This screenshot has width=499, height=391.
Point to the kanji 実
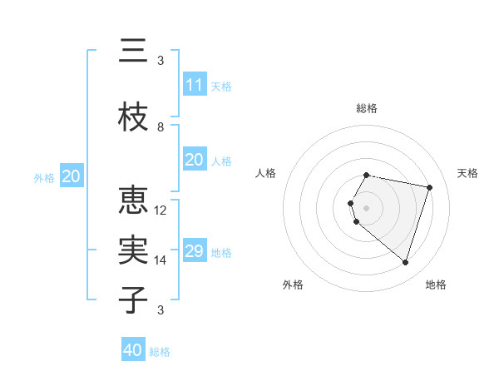[133, 250]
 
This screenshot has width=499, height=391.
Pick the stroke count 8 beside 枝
[161, 127]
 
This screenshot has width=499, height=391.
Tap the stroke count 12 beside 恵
[161, 210]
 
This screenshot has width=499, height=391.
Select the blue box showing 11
[194, 84]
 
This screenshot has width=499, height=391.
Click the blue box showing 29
[194, 251]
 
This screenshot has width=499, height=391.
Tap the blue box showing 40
[133, 350]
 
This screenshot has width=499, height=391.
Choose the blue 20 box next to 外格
[72, 176]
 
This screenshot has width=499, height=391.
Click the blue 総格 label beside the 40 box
[160, 352]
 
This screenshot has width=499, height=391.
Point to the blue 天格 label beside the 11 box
[221, 86]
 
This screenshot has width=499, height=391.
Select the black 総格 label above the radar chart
[367, 108]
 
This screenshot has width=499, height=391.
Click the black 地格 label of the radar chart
[436, 285]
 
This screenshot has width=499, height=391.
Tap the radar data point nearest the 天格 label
[429, 187]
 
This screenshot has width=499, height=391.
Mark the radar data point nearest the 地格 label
[405, 263]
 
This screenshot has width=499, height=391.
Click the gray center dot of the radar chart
[367, 207]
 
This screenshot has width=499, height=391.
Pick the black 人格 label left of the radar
[266, 173]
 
